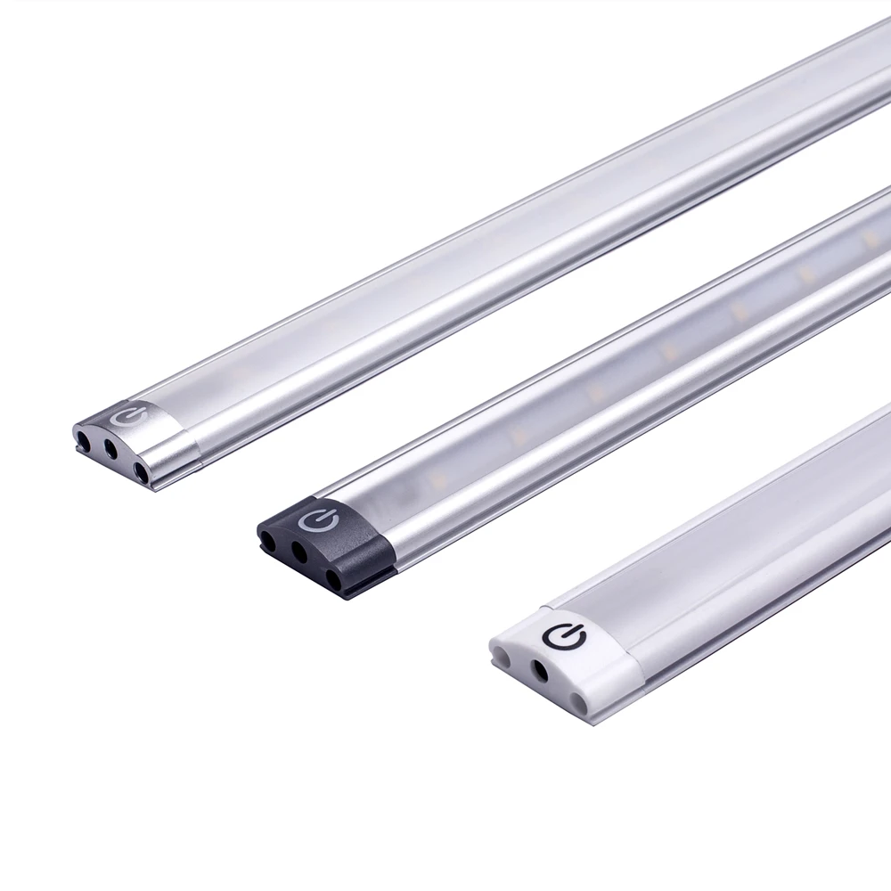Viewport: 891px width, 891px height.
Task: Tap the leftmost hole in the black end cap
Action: (269, 539)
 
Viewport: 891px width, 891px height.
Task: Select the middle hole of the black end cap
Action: (299, 556)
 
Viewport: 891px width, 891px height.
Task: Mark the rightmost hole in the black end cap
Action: (334, 577)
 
